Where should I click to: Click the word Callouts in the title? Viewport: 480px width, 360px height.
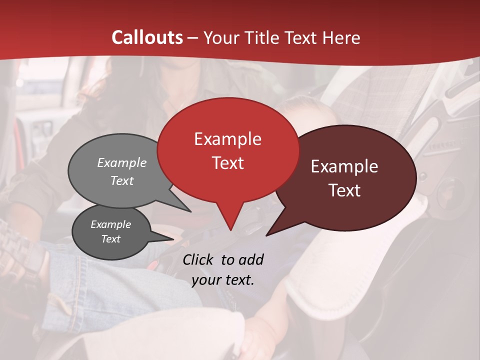pos(147,37)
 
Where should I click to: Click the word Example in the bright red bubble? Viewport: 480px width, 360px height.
pos(227,139)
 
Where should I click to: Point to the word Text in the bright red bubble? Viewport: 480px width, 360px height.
pos(227,162)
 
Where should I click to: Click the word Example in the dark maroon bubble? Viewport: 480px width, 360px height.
pos(344,166)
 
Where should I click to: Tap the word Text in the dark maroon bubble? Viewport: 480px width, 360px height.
pos(344,190)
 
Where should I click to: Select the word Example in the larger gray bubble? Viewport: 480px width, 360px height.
pos(122,162)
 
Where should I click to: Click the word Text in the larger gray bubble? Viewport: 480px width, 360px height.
pos(122,180)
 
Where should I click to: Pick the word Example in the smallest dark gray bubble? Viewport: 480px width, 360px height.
pos(110,224)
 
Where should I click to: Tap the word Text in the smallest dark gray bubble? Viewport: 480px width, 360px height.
pos(110,239)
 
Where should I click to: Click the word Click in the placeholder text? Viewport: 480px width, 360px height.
pos(198,259)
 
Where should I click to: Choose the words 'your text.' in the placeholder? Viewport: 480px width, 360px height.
pos(222,280)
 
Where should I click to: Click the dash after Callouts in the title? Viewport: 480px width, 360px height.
pos(193,37)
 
